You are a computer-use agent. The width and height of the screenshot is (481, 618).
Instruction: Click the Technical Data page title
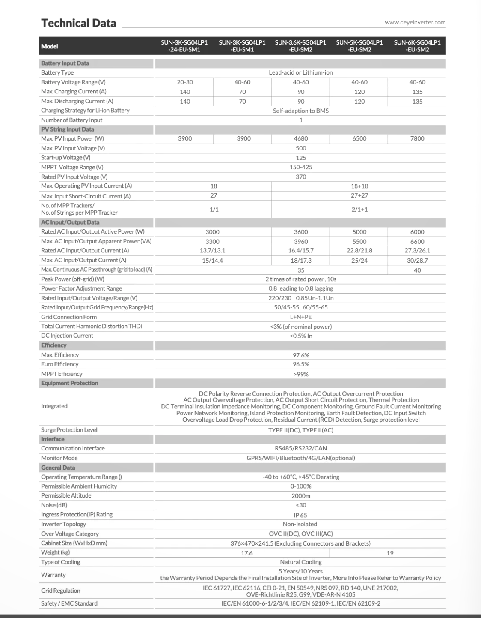coord(79,23)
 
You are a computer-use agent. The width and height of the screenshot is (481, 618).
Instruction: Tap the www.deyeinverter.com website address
coord(415,22)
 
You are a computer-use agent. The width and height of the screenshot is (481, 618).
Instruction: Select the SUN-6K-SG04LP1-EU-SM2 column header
coord(417,46)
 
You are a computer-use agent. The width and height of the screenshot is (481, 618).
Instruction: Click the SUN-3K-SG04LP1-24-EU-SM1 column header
coord(184,46)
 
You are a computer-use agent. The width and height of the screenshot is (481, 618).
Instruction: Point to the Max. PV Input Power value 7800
coord(417,138)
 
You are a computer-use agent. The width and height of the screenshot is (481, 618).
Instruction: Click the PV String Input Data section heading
coord(68,129)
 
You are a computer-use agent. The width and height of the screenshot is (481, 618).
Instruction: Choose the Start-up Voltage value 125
coord(301,158)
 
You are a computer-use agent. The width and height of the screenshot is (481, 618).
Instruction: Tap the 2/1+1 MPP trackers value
coord(359,209)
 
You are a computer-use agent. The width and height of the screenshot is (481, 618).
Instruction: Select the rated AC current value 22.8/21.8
coord(359,250)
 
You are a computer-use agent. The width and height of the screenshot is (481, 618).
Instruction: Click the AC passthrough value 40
coord(417,270)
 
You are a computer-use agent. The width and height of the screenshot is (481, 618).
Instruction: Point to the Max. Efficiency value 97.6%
coord(301,355)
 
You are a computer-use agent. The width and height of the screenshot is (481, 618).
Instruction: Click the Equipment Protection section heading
coord(70,383)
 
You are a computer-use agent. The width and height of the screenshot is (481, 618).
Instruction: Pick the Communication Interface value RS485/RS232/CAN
coord(301,448)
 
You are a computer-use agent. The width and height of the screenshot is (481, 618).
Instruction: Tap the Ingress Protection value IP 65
coord(301,515)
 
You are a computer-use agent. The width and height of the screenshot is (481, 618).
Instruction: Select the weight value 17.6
coord(247,553)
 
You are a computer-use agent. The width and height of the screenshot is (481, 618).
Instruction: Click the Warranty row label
coord(53,575)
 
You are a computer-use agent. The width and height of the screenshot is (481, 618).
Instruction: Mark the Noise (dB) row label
coord(54,505)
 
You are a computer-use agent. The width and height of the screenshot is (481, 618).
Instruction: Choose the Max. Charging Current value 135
coord(417,92)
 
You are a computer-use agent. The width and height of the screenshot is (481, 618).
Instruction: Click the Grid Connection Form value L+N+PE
coord(301,317)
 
